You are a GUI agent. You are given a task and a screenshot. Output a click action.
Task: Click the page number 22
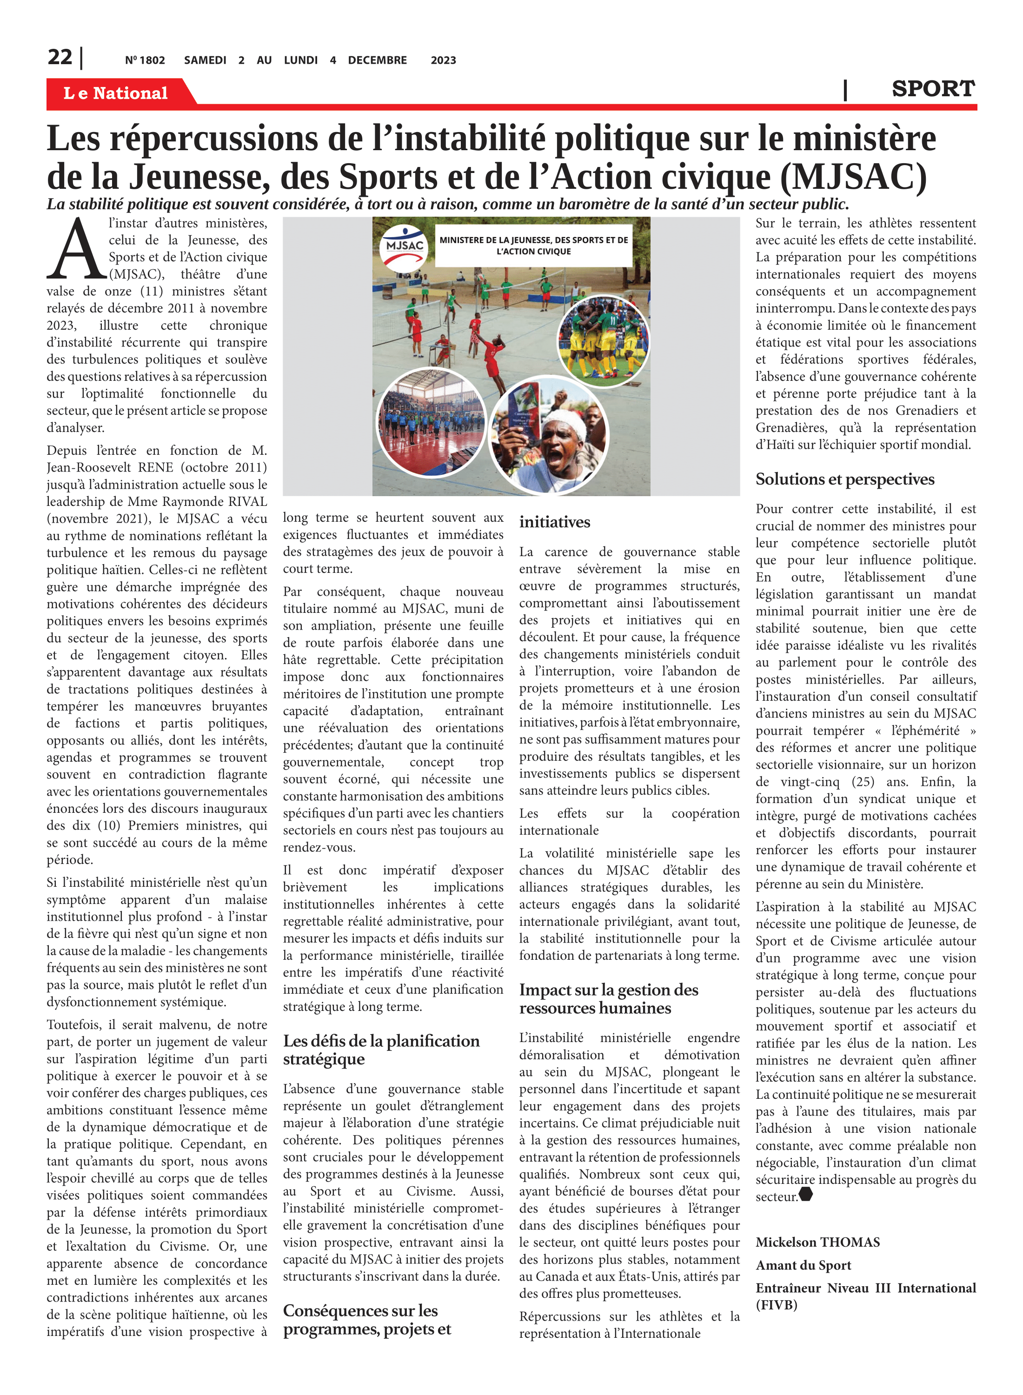(x=60, y=57)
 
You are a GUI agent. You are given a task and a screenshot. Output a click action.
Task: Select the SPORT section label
(x=933, y=89)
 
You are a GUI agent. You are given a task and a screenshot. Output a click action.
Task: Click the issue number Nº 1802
(x=145, y=60)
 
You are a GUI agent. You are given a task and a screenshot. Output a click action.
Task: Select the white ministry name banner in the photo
(x=533, y=246)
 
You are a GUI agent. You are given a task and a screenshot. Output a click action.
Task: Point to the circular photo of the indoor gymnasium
(x=432, y=422)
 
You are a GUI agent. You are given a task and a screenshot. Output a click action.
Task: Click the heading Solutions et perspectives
(x=844, y=479)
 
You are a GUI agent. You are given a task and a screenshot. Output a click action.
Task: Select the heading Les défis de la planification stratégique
(x=381, y=1050)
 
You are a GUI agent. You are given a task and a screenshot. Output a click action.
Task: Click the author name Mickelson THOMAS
(x=817, y=1242)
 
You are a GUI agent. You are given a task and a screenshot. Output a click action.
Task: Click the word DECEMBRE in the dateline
(x=377, y=60)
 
